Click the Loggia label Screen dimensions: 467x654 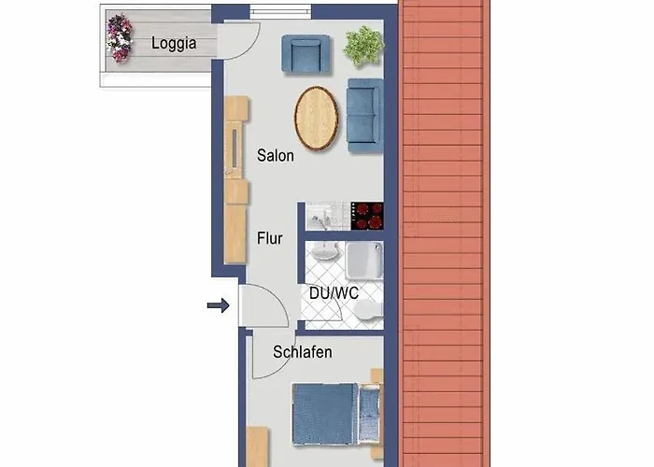pyautogui.click(x=173, y=43)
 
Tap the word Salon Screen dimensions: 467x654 pyautogui.click(x=276, y=156)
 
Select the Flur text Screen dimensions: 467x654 pyautogui.click(x=270, y=238)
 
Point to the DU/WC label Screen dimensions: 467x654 pyautogui.click(x=334, y=292)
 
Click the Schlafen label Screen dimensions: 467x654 pyautogui.click(x=303, y=352)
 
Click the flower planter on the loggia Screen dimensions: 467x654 pyautogui.click(x=119, y=38)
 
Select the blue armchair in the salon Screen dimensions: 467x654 pyautogui.click(x=306, y=54)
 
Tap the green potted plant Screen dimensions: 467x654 pyautogui.click(x=363, y=45)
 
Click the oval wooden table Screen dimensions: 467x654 pyautogui.click(x=317, y=118)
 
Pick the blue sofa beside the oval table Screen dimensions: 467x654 pyautogui.click(x=364, y=116)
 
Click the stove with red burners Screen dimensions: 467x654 pyautogui.click(x=367, y=215)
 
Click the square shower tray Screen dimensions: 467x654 pyautogui.click(x=363, y=261)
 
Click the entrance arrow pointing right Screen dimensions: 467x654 pyautogui.click(x=218, y=304)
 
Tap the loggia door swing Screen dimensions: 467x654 pyautogui.click(x=241, y=39)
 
